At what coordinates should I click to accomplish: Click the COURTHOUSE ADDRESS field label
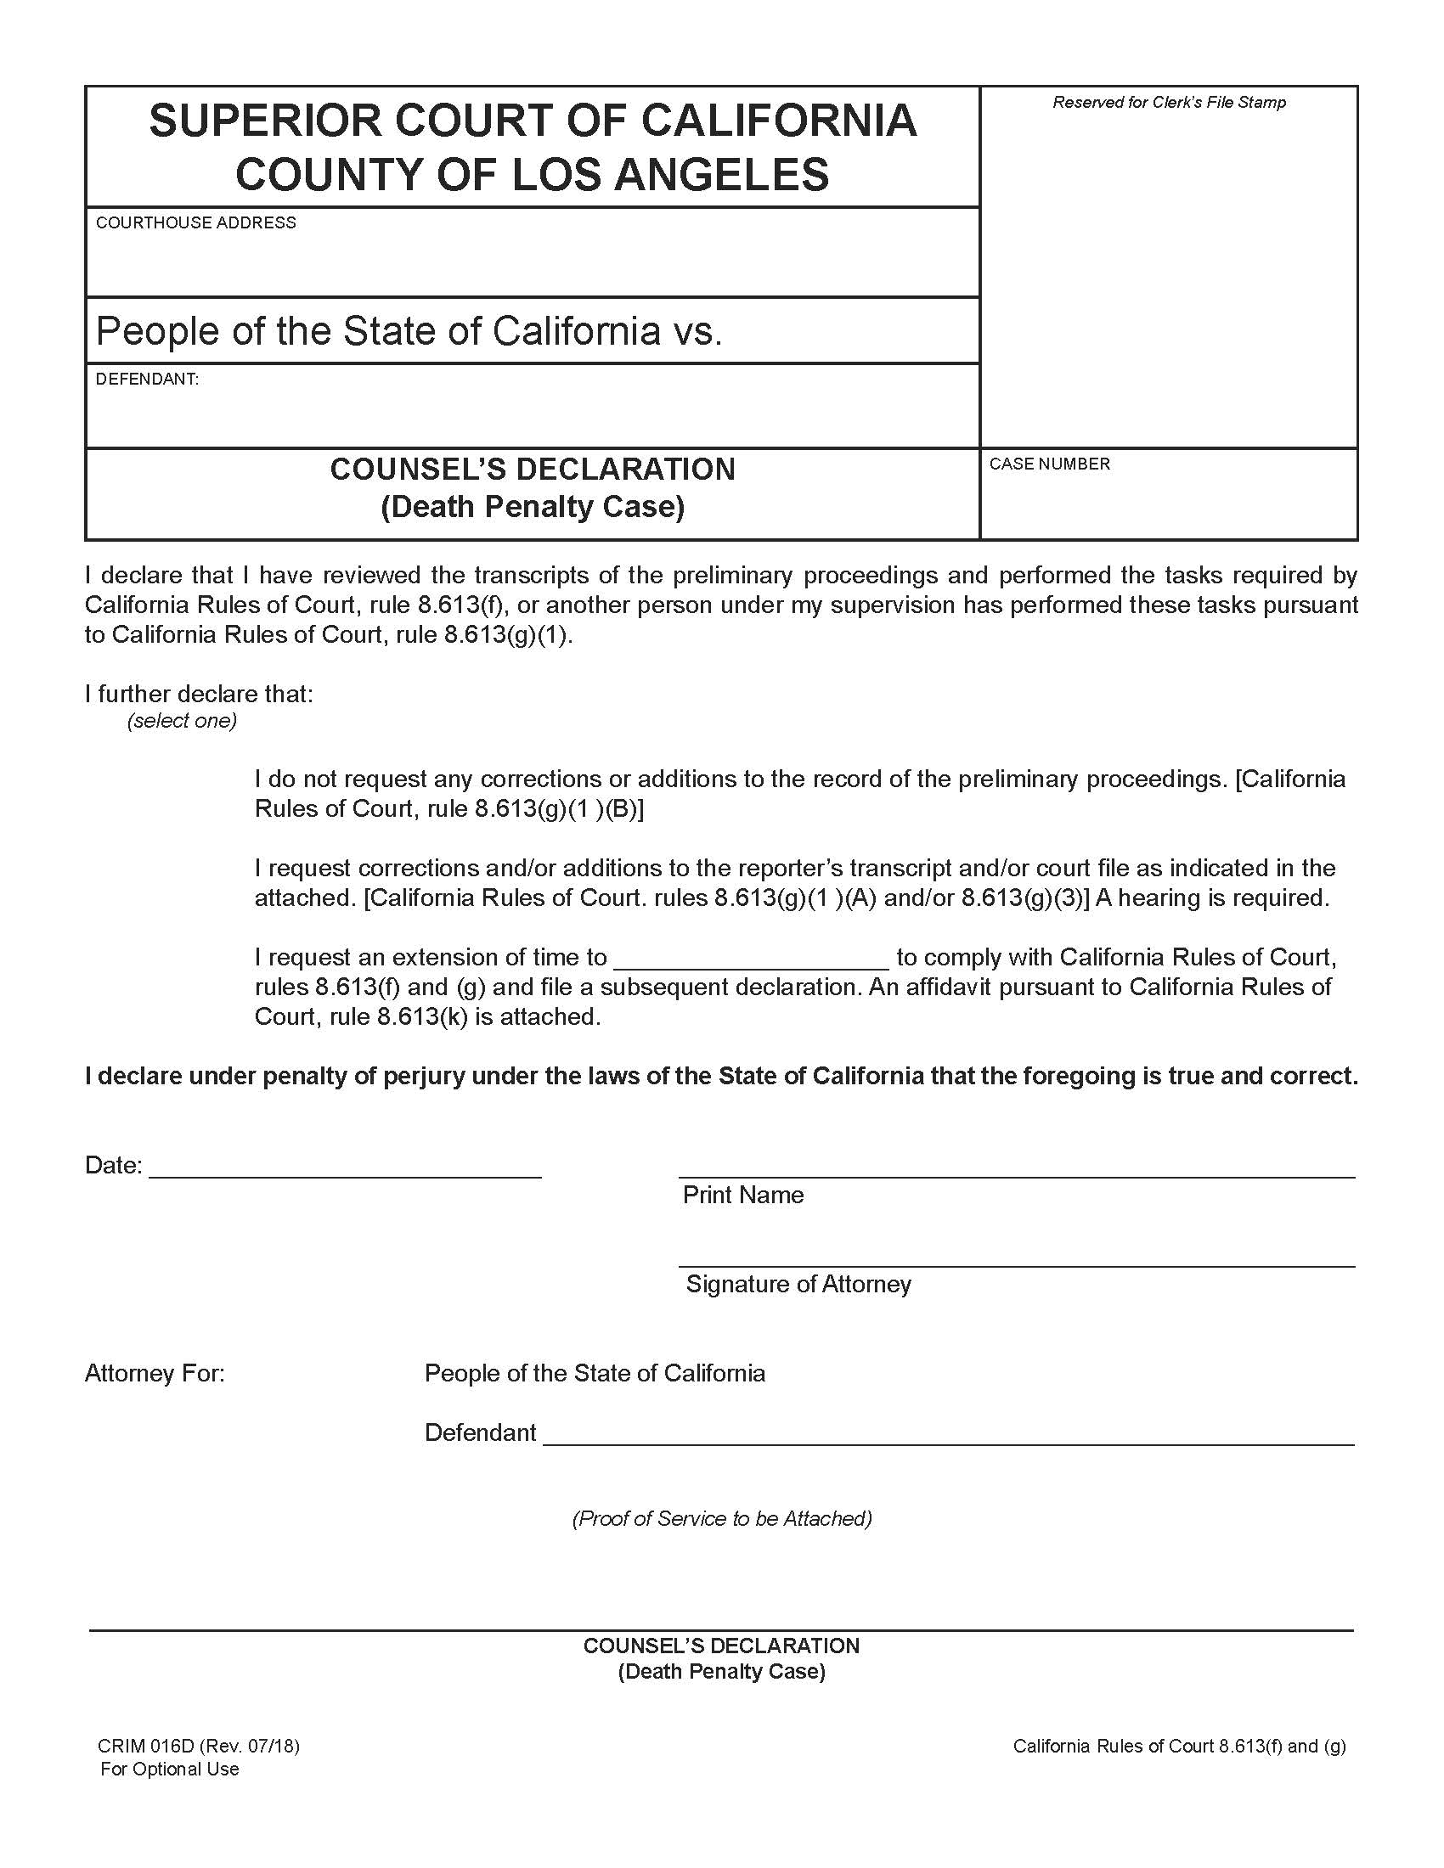tap(196, 222)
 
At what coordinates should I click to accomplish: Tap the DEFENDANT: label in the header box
tap(147, 379)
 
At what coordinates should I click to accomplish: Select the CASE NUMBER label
tap(1050, 464)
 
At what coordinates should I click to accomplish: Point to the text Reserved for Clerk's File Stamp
tap(1169, 103)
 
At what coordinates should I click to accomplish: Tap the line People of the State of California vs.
tap(409, 331)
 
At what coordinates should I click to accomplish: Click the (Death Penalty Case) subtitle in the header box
tap(532, 507)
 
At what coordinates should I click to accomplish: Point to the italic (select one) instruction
tap(183, 720)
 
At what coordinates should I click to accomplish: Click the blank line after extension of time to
tap(752, 960)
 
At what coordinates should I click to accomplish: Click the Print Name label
tap(742, 1195)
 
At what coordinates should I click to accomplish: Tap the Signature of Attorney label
tap(798, 1284)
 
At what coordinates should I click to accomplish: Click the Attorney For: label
tap(155, 1374)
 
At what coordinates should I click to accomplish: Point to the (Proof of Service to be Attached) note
tap(722, 1518)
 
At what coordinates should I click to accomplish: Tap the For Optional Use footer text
tap(169, 1770)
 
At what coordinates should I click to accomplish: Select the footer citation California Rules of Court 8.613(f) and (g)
tap(1179, 1747)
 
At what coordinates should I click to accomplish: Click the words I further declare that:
tap(200, 694)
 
